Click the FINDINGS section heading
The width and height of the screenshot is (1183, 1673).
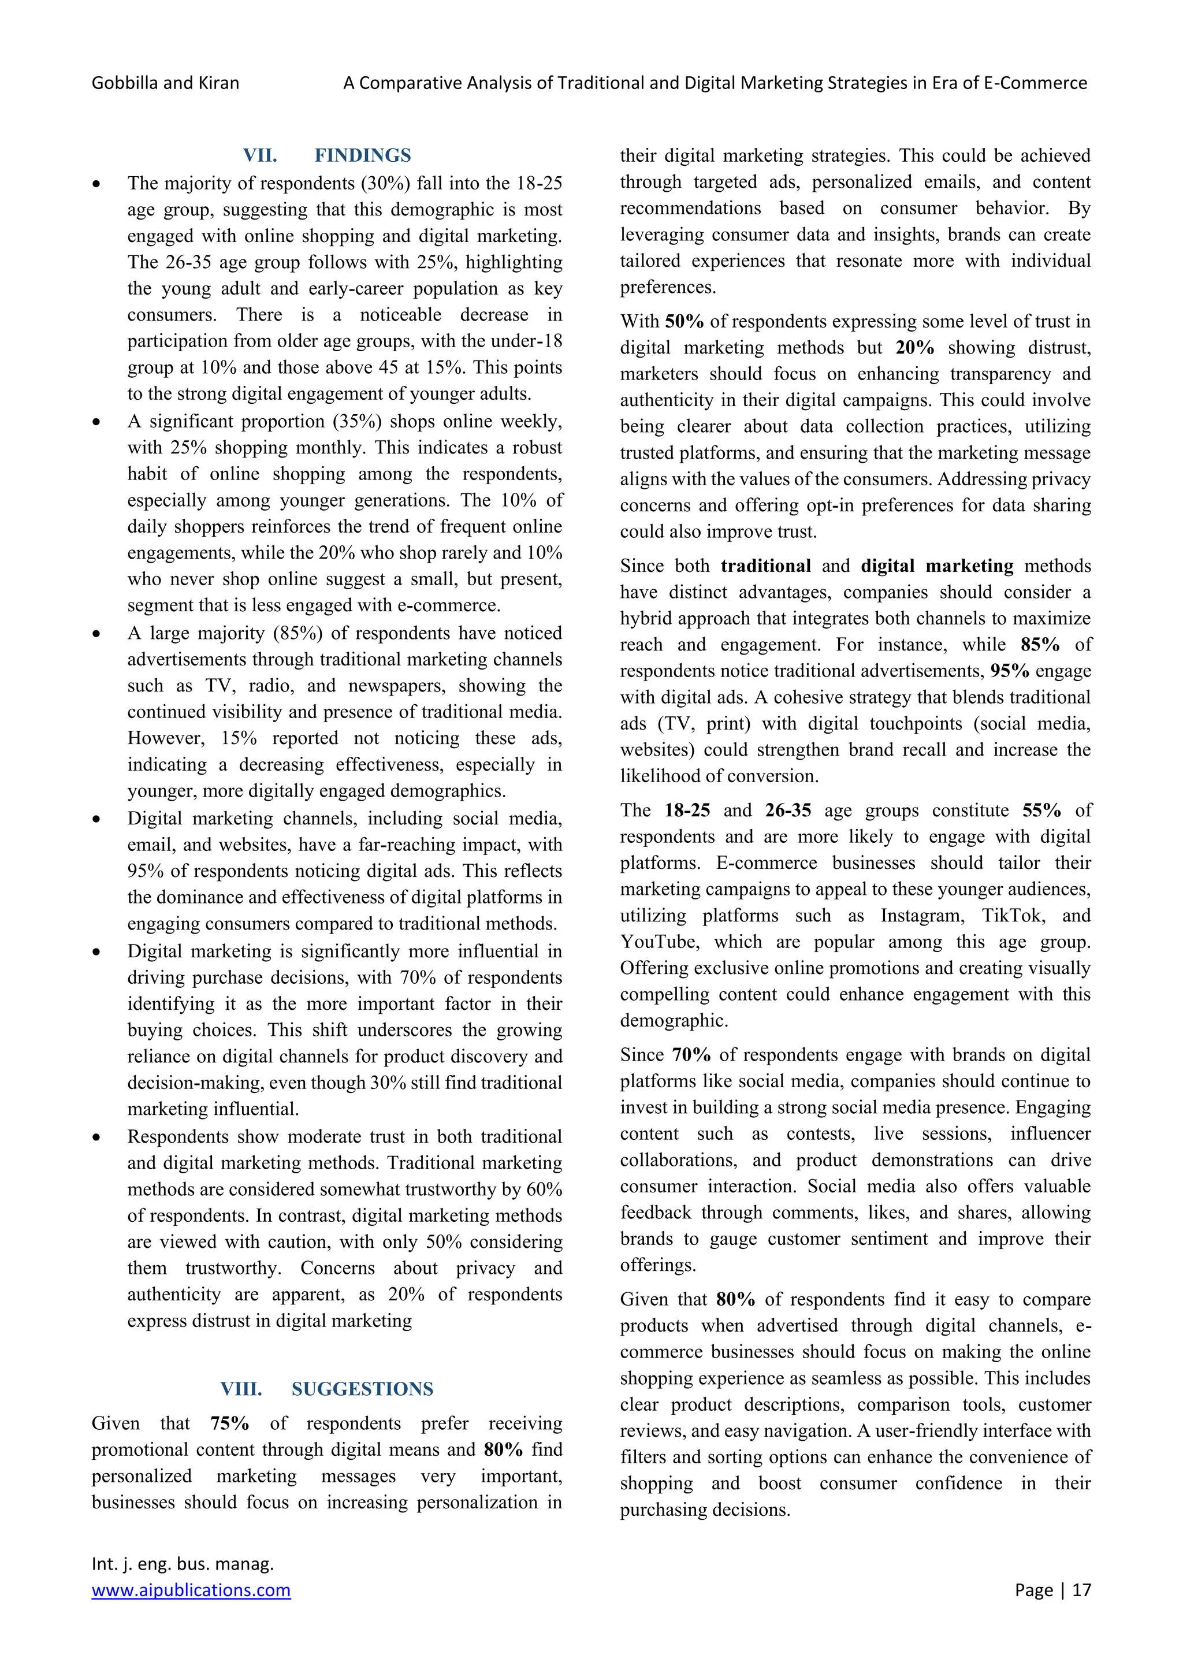click(362, 155)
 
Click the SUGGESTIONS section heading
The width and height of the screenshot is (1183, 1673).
click(362, 1389)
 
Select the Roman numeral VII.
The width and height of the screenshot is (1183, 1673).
click(259, 155)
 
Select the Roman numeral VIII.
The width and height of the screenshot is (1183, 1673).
click(241, 1389)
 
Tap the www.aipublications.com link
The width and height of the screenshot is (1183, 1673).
click(191, 1590)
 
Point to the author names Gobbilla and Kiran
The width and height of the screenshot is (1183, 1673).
click(165, 83)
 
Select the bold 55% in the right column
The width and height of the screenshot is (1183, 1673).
click(1041, 811)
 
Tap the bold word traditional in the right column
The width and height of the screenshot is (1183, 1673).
click(765, 566)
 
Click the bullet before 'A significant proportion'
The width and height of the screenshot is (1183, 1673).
click(96, 422)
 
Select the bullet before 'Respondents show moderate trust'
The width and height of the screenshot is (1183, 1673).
click(96, 1137)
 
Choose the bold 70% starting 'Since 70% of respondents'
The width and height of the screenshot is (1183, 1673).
click(691, 1055)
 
